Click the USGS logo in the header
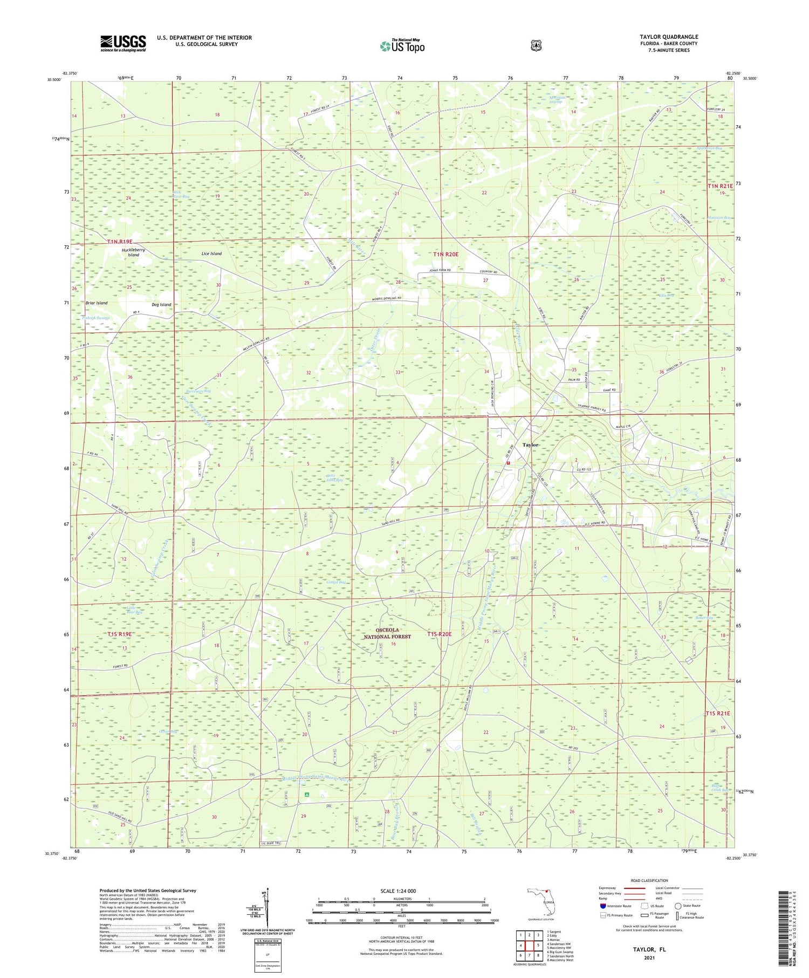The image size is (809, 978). click(123, 43)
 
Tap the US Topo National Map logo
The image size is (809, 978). click(402, 46)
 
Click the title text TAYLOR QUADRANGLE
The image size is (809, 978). click(668, 37)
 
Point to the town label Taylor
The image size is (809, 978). click(530, 444)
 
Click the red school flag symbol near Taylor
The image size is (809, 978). click(508, 462)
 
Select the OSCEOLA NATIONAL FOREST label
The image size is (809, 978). click(386, 633)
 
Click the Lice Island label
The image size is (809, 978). click(211, 254)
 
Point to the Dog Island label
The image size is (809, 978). click(161, 305)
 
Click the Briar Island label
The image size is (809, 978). click(97, 303)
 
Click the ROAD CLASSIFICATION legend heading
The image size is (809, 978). click(649, 880)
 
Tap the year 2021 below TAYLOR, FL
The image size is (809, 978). click(649, 958)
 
